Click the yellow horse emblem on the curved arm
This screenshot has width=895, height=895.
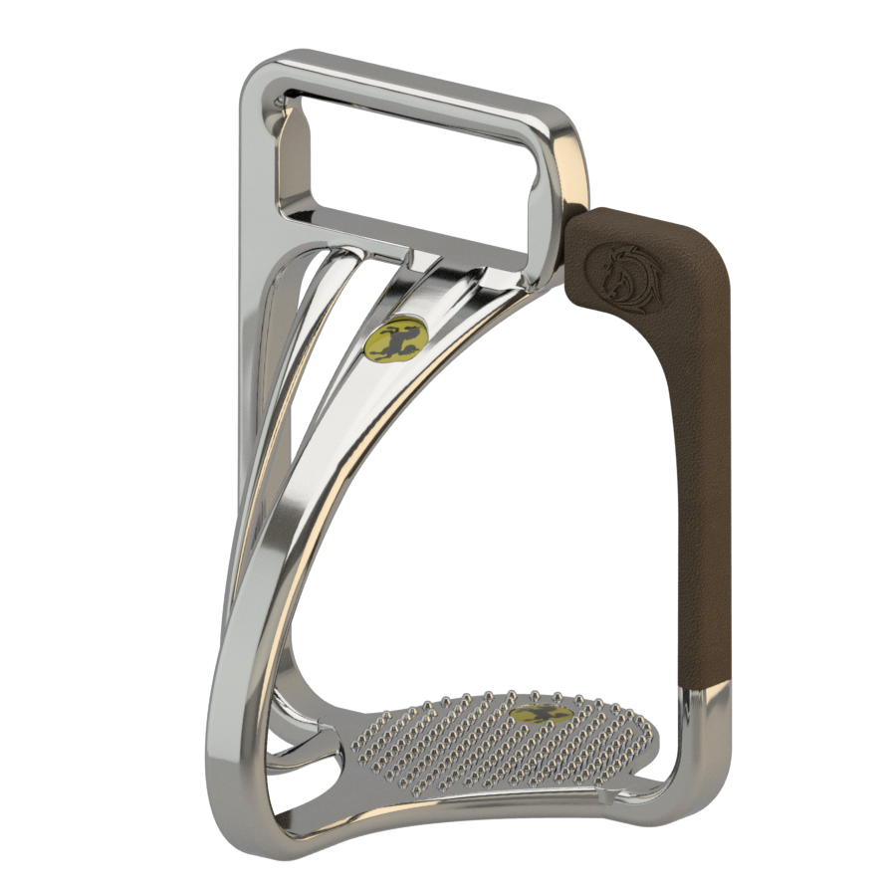tap(395, 338)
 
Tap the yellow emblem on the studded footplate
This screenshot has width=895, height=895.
tap(542, 714)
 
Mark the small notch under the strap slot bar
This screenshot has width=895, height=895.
tap(412, 256)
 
